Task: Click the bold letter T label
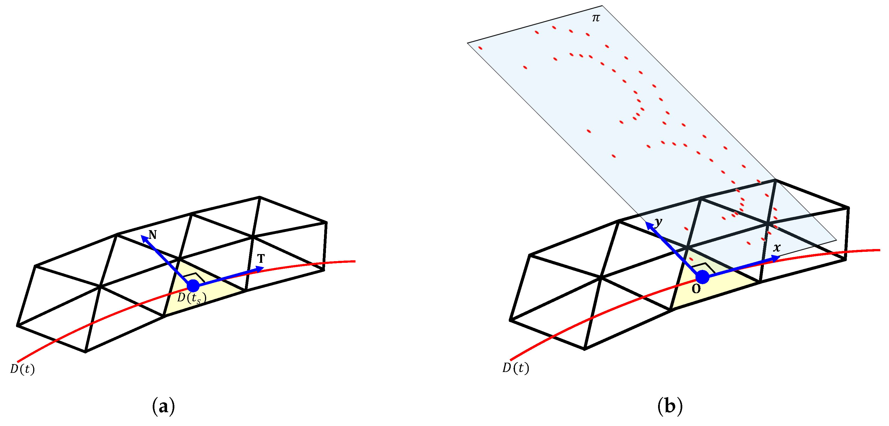coord(261,258)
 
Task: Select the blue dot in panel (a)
coord(193,286)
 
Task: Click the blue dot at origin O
coord(702,277)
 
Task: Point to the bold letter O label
coord(696,289)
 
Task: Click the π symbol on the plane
coord(596,18)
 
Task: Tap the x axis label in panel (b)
coord(777,248)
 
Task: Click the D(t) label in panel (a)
coord(22,369)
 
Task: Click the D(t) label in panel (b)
coord(516,368)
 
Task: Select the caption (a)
coord(163,406)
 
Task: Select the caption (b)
coord(670,406)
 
